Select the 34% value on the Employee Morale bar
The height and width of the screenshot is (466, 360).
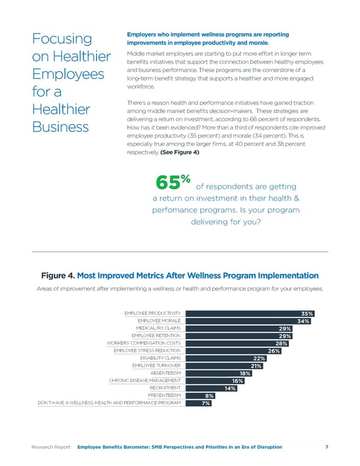point(302,321)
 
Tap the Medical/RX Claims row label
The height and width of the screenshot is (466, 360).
point(158,328)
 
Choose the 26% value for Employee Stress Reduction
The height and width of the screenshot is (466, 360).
point(274,351)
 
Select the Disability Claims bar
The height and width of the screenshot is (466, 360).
point(222,359)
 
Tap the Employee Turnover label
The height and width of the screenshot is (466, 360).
point(155,366)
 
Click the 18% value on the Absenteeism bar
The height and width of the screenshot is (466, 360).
point(245,374)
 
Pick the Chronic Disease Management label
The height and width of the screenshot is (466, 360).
point(145,381)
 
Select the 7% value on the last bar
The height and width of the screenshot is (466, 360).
point(206,404)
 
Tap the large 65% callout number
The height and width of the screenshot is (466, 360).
point(173,181)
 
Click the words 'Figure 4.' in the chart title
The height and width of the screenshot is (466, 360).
point(58,276)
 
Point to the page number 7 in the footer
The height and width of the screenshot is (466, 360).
point(326,447)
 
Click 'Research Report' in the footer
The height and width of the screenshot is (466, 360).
point(52,447)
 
